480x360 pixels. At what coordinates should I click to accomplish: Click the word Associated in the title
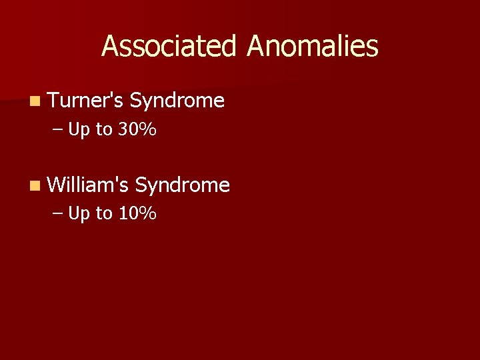point(169,47)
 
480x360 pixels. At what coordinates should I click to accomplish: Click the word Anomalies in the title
point(312,47)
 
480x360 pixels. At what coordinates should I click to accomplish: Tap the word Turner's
point(85,101)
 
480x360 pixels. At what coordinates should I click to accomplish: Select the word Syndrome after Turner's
point(177,101)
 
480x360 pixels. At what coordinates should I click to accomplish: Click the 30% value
point(137,130)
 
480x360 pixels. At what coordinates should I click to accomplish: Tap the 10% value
point(137,214)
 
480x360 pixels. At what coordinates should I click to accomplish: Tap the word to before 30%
point(104,130)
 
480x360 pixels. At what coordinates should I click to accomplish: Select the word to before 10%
point(104,214)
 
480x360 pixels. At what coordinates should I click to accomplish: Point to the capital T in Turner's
point(54,101)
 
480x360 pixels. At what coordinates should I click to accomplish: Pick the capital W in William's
point(57,185)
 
